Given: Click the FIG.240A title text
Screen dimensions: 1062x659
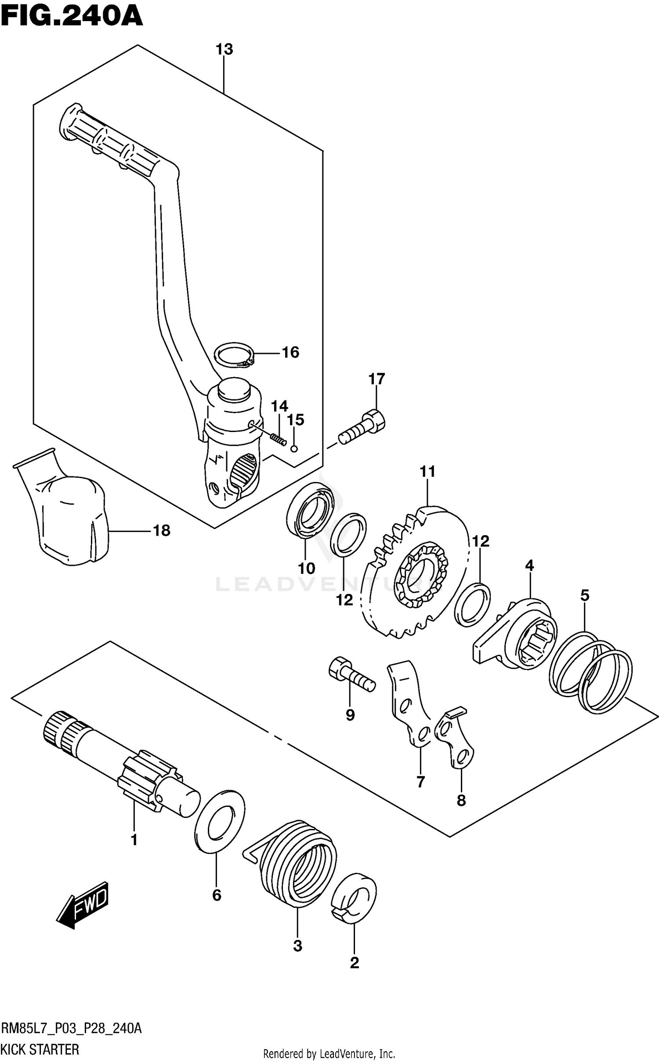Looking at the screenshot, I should coord(72,18).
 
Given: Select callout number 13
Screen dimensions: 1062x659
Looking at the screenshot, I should coord(224,50).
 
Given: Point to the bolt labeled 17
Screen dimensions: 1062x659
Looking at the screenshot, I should coord(362,426).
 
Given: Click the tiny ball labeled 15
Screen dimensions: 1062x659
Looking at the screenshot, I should coord(294,449).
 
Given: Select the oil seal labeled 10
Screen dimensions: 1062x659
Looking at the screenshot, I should coord(309,509).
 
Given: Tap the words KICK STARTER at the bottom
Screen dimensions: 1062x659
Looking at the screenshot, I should coord(40,1049).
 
